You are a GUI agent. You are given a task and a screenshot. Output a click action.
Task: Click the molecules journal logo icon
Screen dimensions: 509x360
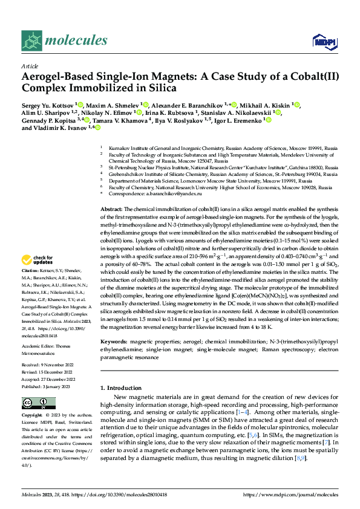(x=33, y=41)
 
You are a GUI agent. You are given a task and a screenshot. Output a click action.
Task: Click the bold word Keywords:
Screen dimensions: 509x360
(x=114, y=342)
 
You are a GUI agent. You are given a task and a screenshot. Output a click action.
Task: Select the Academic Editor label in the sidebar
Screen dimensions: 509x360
(x=40, y=340)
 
